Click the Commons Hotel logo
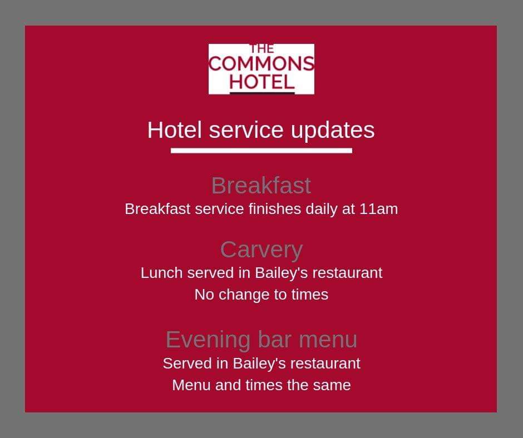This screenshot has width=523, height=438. pyautogui.click(x=261, y=69)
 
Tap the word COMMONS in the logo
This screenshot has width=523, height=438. pyautogui.click(x=261, y=64)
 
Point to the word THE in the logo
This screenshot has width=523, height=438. pyautogui.click(x=261, y=49)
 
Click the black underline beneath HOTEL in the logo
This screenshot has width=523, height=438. pyautogui.click(x=261, y=92)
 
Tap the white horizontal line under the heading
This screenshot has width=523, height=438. pyautogui.click(x=261, y=151)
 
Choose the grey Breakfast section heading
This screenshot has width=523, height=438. pyautogui.click(x=261, y=186)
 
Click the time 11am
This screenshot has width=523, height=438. pyautogui.click(x=378, y=210)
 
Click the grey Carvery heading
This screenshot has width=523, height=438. pyautogui.click(x=261, y=250)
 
